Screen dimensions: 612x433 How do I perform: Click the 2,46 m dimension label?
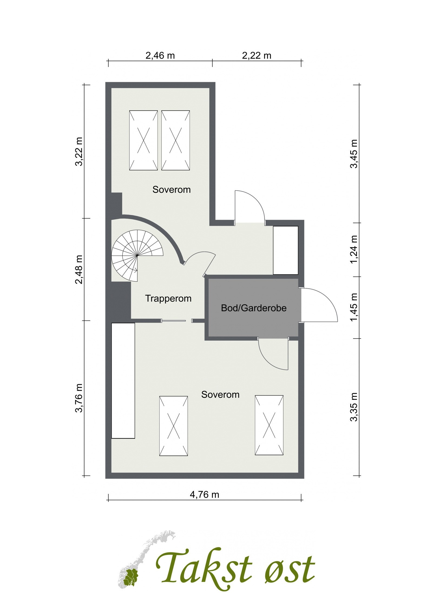[x=160, y=56]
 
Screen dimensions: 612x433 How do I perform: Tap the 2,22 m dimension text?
[x=256, y=56]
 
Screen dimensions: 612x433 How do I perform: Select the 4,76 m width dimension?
[x=204, y=495]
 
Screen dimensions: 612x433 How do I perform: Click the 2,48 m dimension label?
[x=79, y=269]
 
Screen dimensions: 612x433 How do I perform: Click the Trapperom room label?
[x=168, y=298]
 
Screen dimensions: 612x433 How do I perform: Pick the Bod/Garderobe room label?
[x=254, y=308]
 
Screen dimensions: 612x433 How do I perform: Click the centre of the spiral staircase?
[x=137, y=255]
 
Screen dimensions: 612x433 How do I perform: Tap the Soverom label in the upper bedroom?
[x=171, y=190]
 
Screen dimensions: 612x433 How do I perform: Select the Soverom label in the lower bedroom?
[x=220, y=395]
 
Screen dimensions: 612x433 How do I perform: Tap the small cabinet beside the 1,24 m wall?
[x=285, y=250]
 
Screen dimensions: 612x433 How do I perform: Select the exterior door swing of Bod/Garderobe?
[x=319, y=305]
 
